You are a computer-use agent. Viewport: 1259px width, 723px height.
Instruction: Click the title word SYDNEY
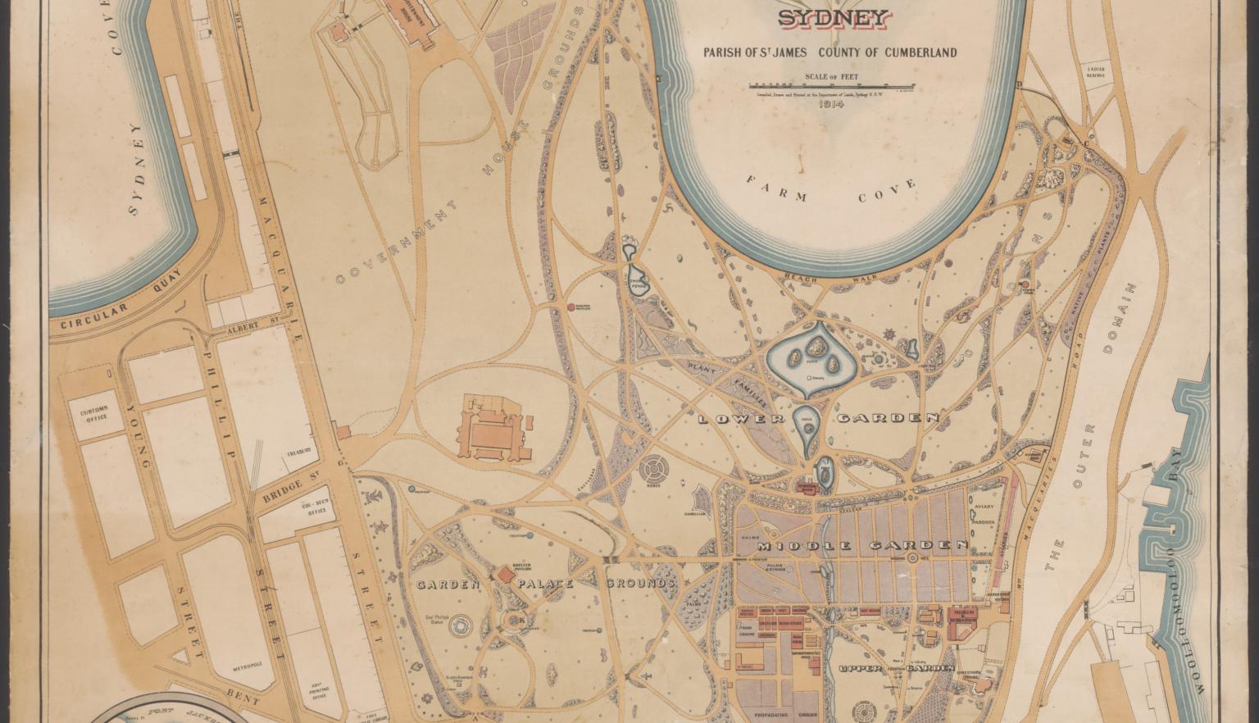(832, 19)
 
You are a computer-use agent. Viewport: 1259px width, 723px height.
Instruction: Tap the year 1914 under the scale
(830, 104)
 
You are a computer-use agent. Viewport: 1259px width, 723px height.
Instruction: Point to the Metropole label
(247, 664)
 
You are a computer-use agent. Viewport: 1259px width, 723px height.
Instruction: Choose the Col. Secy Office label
(317, 507)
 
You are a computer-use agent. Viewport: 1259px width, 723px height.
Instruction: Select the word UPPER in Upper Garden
(860, 668)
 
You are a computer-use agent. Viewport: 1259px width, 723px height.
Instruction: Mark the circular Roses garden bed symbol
(656, 471)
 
